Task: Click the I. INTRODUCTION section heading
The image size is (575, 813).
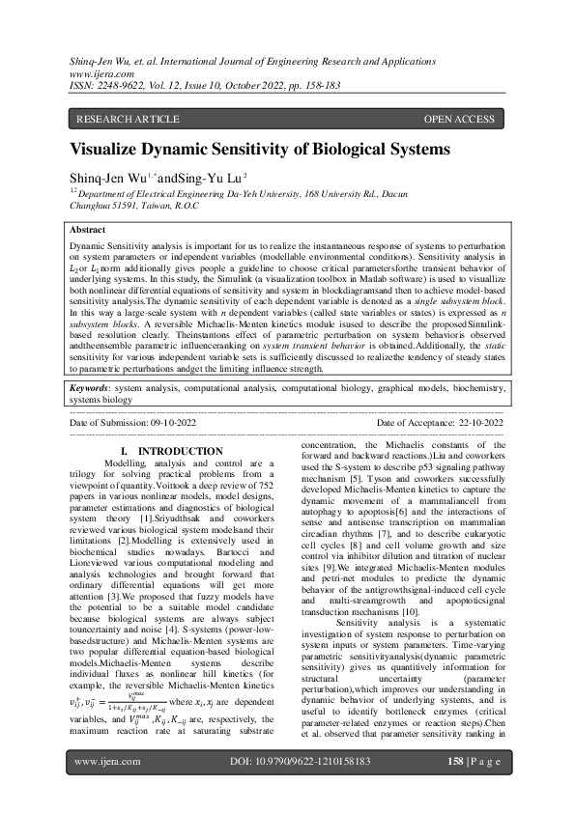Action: pyautogui.click(x=171, y=452)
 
